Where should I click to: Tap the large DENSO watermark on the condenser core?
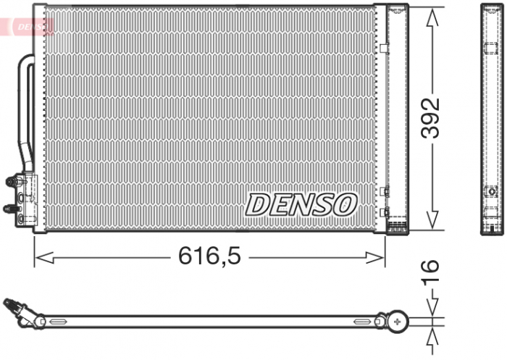click(x=301, y=204)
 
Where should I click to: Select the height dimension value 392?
click(x=432, y=117)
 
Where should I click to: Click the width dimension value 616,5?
click(x=210, y=256)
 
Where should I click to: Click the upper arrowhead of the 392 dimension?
click(x=432, y=16)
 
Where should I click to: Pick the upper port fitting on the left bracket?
click(x=12, y=181)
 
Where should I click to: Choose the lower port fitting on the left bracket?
click(x=10, y=209)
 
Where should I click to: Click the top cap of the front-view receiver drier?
click(x=398, y=9)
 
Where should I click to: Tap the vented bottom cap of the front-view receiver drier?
click(x=398, y=227)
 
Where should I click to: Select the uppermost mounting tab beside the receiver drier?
click(x=385, y=49)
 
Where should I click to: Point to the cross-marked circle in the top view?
click(x=398, y=319)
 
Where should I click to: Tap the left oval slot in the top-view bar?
click(x=56, y=319)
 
